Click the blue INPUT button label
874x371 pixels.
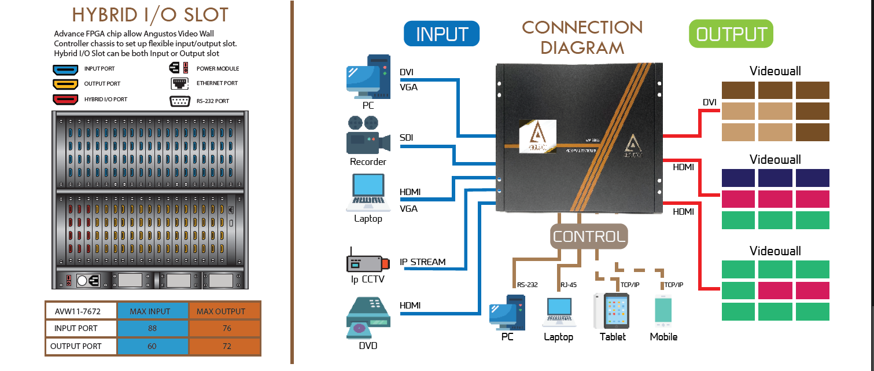[x=441, y=34]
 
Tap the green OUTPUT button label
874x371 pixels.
[x=731, y=34]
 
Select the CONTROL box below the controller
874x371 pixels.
[x=589, y=236]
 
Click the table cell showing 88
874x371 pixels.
[x=152, y=328]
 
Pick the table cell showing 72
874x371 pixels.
[x=226, y=346]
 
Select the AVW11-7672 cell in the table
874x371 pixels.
[x=81, y=311]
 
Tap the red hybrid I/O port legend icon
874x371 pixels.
[x=65, y=99]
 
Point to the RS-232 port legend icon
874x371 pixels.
[x=180, y=101]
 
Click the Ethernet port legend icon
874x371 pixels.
[x=179, y=83]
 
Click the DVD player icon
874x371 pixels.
[x=368, y=318]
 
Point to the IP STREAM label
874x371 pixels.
[x=423, y=262]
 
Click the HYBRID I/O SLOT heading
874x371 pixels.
[x=150, y=15]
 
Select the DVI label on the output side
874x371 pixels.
[x=710, y=102]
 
